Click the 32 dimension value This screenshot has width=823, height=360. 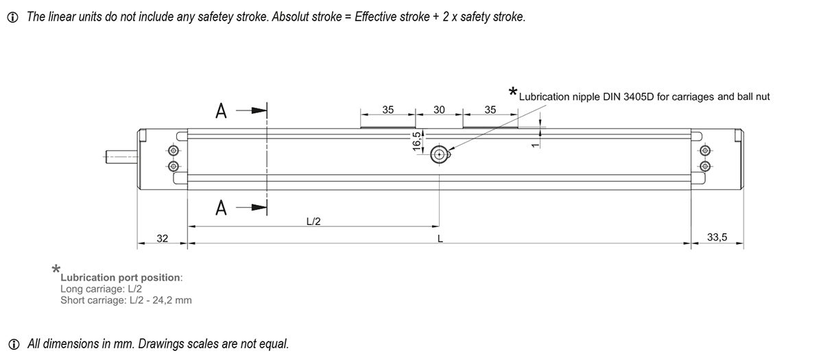163,238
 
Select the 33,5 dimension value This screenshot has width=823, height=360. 717,237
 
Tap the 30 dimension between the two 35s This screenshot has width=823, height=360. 439,110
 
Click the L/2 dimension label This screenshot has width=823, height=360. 313,221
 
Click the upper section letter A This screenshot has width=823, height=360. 221,111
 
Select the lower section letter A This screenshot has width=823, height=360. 221,207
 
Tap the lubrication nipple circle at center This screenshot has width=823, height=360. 439,156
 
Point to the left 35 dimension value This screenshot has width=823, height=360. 388,110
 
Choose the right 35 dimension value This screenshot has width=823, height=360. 490,110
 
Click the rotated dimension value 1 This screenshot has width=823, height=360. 534,141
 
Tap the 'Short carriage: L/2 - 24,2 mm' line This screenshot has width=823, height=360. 126,300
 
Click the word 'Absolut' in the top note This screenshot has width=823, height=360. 290,16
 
